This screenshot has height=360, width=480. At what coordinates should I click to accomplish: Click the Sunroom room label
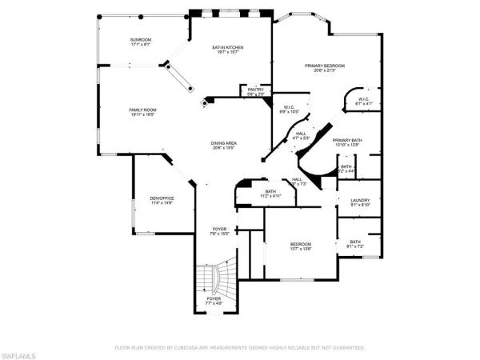[x=141, y=40]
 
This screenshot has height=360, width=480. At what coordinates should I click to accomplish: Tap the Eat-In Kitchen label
[x=228, y=47]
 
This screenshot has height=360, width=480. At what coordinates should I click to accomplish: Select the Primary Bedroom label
[x=323, y=66]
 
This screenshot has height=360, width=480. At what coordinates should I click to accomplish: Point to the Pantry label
[x=255, y=90]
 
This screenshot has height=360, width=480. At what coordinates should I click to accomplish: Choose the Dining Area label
[x=224, y=143]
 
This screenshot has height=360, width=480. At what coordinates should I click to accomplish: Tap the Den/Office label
[x=162, y=198]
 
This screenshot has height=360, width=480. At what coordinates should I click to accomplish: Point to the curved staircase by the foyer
[x=213, y=280]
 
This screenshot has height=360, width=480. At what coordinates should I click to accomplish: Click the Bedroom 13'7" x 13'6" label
[x=301, y=244]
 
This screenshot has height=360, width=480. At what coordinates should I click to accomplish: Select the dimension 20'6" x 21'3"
[x=323, y=70]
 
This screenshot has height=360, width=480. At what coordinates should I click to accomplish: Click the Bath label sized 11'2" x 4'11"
[x=270, y=191]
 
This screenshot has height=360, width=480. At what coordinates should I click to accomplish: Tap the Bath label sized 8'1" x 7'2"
[x=354, y=242]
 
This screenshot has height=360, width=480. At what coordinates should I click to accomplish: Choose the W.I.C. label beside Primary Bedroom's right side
[x=362, y=100]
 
